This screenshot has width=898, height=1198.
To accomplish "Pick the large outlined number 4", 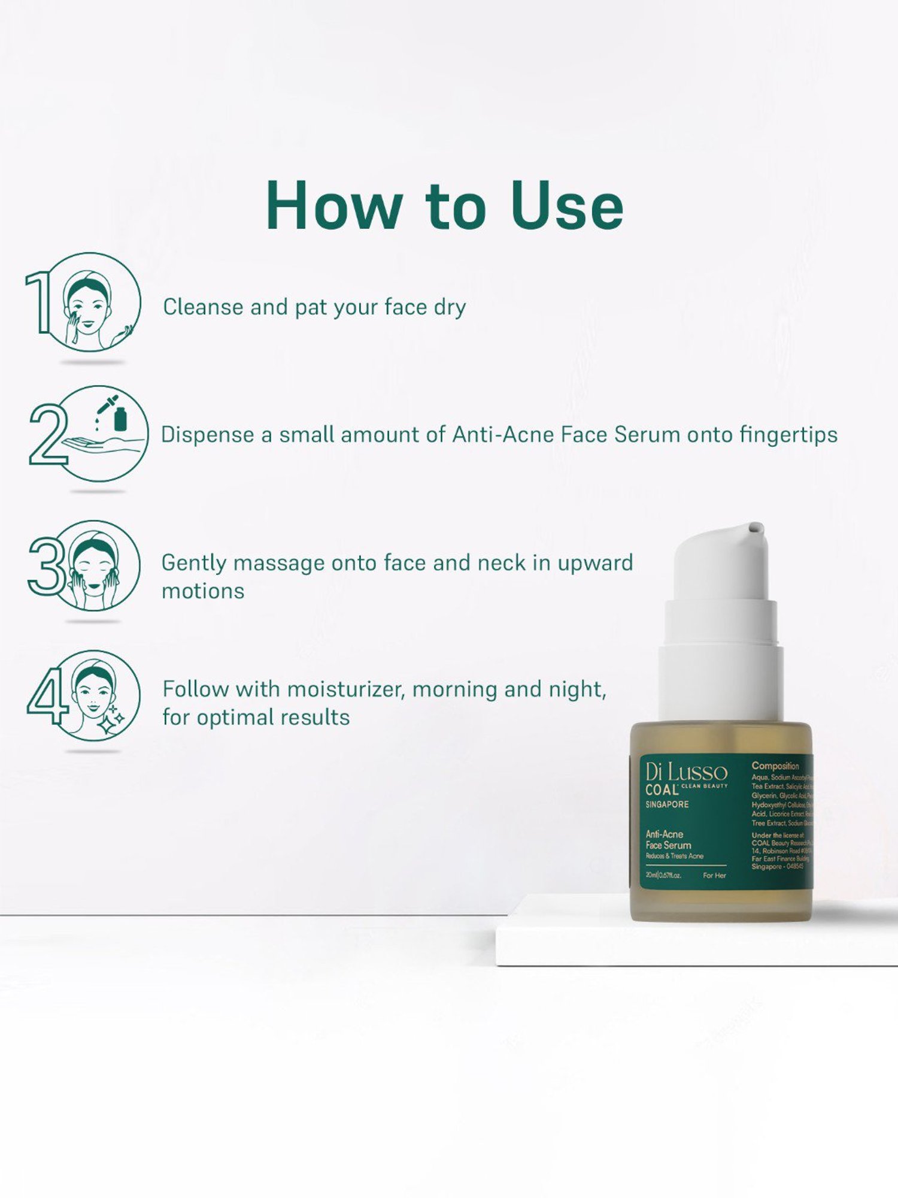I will pos(47,696).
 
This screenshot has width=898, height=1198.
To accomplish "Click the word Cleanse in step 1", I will pos(204,307).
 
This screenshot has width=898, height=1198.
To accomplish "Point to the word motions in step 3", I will pos(203,591).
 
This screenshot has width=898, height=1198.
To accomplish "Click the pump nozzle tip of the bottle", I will pos(754,528).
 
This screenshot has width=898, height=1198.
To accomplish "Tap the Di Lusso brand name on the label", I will pos(686,772).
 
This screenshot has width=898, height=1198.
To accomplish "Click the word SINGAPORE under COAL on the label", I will pos(667,804).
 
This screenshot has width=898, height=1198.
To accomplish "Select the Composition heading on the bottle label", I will pos(775,766).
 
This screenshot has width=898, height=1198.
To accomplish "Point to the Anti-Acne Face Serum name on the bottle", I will pos(668,840).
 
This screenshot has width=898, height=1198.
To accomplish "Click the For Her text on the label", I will pos(714,876).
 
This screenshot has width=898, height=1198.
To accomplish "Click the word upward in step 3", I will pos(595,563).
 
